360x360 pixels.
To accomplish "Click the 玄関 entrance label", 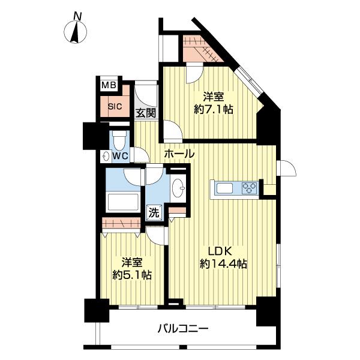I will point(145,112).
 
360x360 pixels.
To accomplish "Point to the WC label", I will point(121,155).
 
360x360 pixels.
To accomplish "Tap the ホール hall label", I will point(179,154).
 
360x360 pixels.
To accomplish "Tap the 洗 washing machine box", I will point(154,211).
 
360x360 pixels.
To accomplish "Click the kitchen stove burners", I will point(249,188).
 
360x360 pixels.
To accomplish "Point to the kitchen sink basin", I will point(227,189).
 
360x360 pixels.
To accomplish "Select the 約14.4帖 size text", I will point(224,264).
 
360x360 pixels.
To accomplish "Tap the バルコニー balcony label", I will point(183,328).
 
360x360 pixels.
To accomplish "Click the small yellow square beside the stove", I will point(270,190).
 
